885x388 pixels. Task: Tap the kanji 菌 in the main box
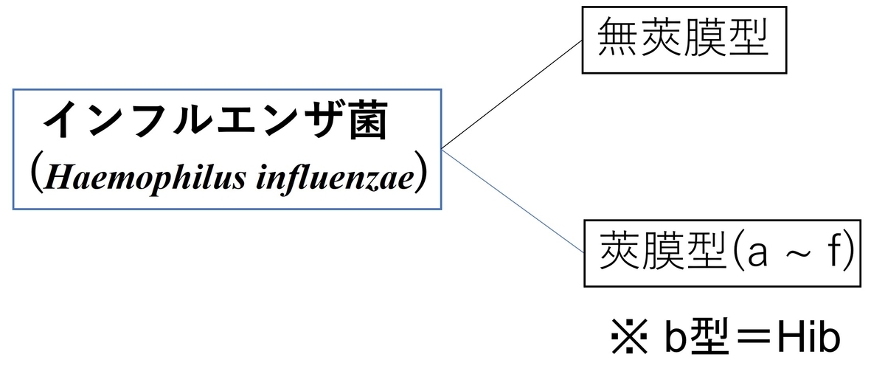(x=368, y=120)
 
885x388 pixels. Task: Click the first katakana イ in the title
(x=63, y=120)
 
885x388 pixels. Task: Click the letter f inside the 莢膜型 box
(x=832, y=250)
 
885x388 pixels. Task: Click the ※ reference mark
(x=629, y=336)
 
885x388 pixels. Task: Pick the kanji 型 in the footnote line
(x=708, y=336)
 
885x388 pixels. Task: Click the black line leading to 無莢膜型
(x=512, y=94)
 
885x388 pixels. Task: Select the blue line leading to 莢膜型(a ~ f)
(x=513, y=201)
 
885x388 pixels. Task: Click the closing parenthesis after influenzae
(x=421, y=172)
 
